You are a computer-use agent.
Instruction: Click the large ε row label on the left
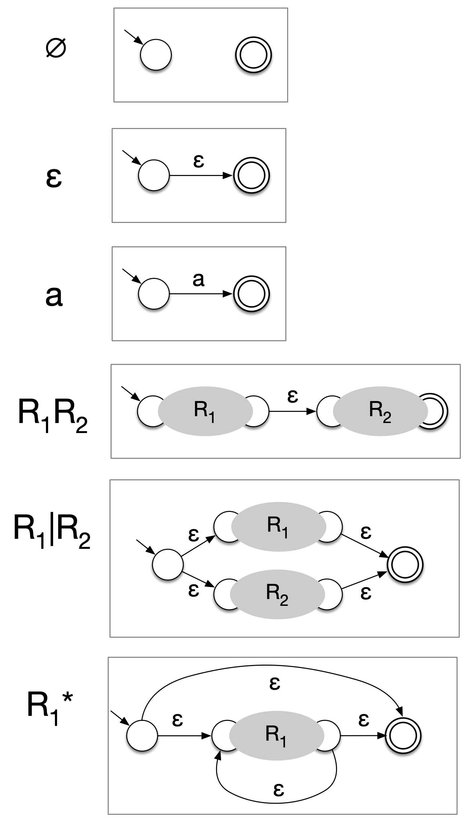click(54, 178)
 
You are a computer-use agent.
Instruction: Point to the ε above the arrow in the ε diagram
click(198, 161)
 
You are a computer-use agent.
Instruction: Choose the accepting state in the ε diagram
click(251, 176)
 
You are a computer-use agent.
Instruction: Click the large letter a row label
click(54, 297)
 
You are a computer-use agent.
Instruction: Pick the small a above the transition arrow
click(198, 280)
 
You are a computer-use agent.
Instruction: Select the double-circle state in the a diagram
click(251, 294)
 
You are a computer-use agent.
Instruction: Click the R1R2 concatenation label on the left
click(52, 416)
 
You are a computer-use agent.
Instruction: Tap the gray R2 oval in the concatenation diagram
click(380, 411)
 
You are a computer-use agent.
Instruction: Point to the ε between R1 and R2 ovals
click(293, 396)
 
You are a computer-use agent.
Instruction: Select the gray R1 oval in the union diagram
click(278, 526)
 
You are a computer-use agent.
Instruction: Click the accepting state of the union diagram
click(405, 565)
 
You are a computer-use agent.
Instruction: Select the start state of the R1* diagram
click(142, 736)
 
